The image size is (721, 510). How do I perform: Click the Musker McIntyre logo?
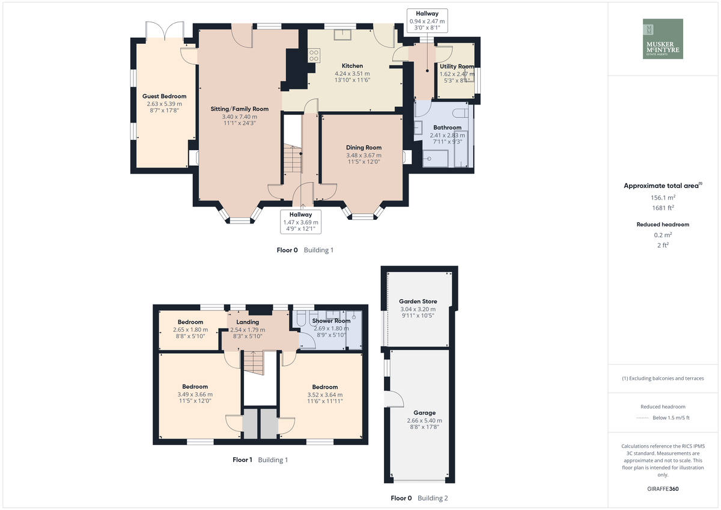(663, 38)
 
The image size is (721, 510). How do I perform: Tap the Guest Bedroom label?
(164, 96)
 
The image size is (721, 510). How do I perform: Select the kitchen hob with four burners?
(314, 55)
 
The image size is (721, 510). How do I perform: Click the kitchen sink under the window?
(342, 34)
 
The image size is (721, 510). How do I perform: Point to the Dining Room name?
(364, 147)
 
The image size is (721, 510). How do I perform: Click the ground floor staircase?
(293, 159)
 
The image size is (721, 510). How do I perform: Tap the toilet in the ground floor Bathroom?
(460, 112)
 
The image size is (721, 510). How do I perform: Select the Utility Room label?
(457, 66)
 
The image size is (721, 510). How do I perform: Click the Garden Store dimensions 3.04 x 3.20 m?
(418, 309)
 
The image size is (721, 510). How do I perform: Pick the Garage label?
(425, 413)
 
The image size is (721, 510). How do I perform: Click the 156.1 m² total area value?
(663, 198)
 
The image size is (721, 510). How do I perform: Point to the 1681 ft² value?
(663, 208)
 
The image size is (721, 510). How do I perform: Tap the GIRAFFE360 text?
(663, 489)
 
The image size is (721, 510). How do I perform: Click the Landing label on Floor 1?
(248, 322)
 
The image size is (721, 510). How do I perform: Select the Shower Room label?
(331, 321)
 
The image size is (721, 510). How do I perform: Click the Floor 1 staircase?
(254, 363)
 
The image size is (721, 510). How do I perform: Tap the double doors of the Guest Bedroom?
(165, 30)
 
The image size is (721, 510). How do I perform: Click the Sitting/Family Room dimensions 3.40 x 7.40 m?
(240, 117)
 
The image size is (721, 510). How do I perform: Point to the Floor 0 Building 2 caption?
(419, 498)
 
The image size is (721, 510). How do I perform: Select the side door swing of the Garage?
(394, 399)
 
